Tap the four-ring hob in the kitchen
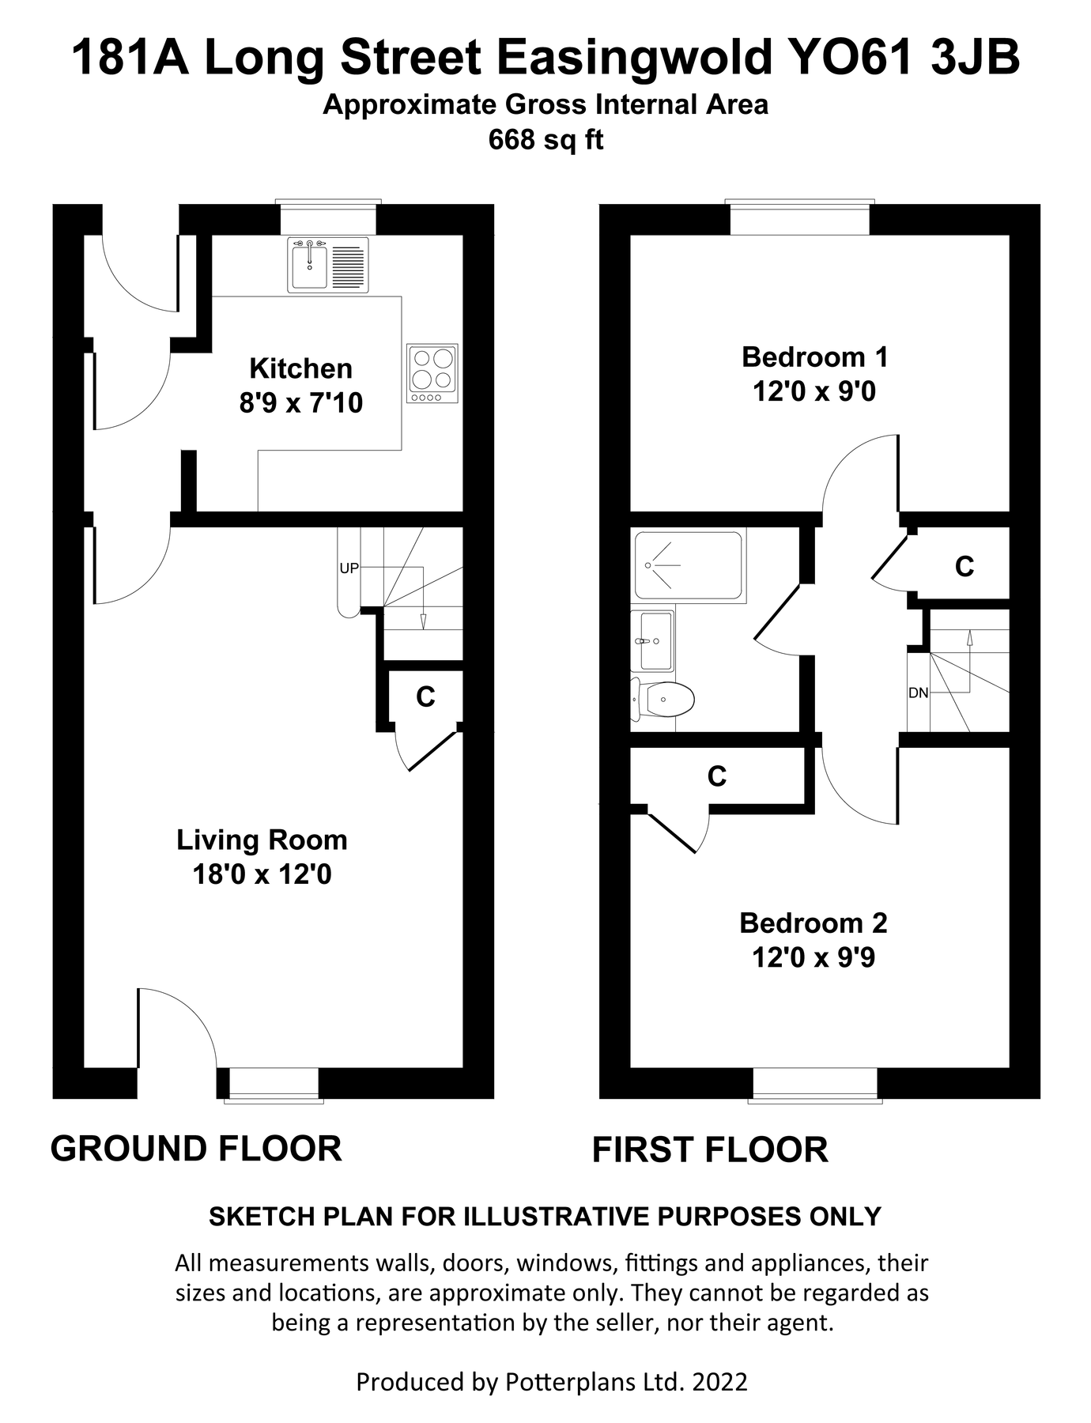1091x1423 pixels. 432,373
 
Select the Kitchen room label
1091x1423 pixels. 300,368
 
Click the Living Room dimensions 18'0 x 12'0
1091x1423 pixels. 262,874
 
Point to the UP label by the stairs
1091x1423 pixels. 349,568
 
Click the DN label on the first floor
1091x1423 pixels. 918,693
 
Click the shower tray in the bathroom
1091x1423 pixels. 688,565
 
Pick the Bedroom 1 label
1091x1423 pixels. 814,357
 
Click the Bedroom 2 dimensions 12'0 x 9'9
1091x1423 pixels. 813,958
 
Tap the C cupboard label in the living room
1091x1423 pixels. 425,697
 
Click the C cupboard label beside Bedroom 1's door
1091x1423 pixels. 964,567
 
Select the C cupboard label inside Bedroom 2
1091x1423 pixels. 716,777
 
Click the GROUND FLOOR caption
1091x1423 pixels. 196,1149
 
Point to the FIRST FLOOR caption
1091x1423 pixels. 709,1150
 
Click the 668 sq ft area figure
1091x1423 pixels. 545,140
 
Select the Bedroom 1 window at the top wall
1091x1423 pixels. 799,218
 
